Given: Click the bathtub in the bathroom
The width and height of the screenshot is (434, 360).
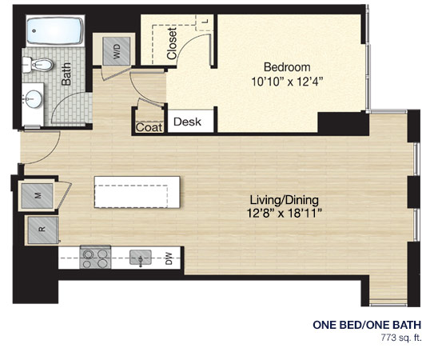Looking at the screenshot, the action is point(55,30).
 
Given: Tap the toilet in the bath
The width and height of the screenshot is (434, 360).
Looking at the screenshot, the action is point(38,65).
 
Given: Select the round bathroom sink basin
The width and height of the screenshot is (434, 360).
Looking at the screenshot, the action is point(34,99).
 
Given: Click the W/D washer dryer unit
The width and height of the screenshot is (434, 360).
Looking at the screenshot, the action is point(116,51).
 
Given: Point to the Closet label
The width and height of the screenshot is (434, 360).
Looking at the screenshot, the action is point(172,43).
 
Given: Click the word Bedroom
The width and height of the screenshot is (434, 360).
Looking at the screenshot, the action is point(287,67).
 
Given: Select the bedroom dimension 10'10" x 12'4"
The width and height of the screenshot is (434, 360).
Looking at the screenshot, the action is point(287,82).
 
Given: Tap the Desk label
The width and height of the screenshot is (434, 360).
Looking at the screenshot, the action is point(187,122).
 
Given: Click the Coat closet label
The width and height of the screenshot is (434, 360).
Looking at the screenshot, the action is point(149,127).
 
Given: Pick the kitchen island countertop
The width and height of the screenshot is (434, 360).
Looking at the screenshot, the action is point(137,192).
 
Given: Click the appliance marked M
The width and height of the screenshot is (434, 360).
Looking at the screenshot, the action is point(38,196).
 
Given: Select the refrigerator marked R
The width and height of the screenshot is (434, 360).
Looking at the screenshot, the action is point(43,230).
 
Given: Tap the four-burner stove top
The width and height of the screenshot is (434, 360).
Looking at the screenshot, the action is point(95,258).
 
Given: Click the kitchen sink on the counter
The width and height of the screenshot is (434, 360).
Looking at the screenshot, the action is point(141,258).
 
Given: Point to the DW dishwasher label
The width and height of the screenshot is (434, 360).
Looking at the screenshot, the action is point(169,258).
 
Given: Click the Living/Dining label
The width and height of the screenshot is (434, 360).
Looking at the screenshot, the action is point(285,200).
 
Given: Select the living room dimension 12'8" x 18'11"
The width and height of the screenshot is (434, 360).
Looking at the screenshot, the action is point(285,214).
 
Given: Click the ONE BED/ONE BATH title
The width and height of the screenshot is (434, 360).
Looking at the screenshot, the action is point(367,325).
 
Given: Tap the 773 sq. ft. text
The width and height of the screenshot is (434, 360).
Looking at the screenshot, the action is point(401,338).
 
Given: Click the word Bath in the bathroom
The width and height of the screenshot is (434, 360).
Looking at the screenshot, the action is point(66,74).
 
